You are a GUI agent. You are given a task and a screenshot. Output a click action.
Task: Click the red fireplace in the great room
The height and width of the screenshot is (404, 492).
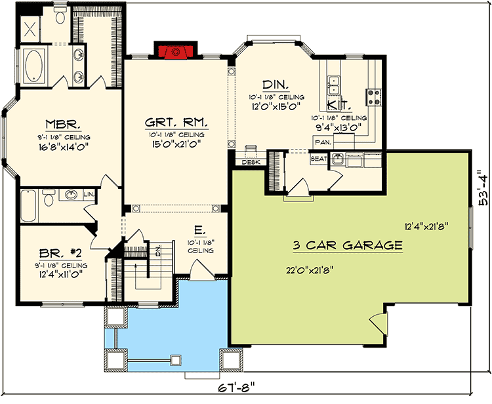click(175, 52)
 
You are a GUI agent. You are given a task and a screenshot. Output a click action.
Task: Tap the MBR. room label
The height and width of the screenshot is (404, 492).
click(63, 125)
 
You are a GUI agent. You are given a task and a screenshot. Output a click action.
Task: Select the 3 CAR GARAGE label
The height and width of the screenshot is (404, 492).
click(348, 245)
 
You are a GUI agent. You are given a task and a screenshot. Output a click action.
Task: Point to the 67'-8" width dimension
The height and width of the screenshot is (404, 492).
click(236, 388)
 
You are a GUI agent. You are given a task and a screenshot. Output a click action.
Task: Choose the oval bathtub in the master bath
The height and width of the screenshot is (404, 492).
click(33, 66)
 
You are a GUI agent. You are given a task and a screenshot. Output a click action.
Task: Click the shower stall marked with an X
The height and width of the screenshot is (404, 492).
click(30, 30)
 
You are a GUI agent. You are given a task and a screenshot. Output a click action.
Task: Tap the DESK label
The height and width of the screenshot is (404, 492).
click(251, 162)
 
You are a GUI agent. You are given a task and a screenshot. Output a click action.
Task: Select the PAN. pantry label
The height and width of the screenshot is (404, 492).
click(323, 142)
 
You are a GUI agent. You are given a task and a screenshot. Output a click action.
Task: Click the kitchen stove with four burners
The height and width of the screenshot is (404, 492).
click(373, 97)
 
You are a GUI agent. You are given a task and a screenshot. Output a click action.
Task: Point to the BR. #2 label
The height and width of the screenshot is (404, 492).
click(60, 253)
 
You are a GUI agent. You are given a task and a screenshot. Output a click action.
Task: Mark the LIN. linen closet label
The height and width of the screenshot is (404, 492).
click(89, 195)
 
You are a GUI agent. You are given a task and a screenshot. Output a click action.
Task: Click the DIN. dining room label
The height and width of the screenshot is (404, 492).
click(276, 85)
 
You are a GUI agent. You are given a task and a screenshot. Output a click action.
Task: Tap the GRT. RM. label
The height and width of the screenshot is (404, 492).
click(176, 122)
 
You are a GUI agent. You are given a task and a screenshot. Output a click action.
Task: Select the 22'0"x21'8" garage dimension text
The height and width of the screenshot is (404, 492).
click(309, 270)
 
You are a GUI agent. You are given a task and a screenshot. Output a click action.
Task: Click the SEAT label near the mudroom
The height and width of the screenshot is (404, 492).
click(318, 159)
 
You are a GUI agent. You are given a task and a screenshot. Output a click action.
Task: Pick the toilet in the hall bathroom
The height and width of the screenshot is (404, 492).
click(49, 197)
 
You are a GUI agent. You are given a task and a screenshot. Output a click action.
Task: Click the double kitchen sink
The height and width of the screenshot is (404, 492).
click(333, 85)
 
